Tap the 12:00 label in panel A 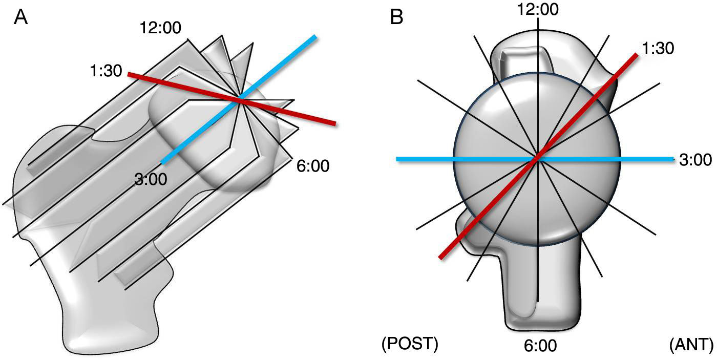[x=160, y=28]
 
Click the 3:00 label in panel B [x=694, y=160]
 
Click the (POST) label [x=410, y=345]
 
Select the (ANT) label [x=691, y=345]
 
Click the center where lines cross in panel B [x=537, y=159]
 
